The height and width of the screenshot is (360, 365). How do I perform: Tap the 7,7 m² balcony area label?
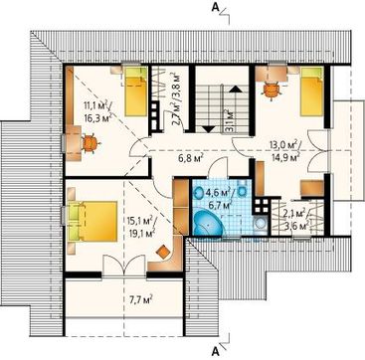click(x=139, y=300)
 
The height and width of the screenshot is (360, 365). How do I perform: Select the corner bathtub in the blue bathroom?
click(x=208, y=223)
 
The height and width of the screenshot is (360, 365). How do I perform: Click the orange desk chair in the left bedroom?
click(x=90, y=143)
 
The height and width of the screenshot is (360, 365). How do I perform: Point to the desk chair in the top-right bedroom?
click(x=272, y=89)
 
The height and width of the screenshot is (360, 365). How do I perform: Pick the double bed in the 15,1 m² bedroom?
click(x=92, y=221)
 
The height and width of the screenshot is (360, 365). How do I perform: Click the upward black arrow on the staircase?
click(x=236, y=89)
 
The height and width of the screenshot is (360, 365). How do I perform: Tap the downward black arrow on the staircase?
click(x=209, y=129)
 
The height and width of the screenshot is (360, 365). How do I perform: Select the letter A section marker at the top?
click(x=216, y=7)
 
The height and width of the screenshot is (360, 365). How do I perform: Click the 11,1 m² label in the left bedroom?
click(x=97, y=105)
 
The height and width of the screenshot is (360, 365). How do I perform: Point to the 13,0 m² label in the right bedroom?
click(x=284, y=145)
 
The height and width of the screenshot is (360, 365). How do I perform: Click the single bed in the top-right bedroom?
click(x=311, y=91)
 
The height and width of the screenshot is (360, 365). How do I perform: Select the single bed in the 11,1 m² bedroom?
click(x=136, y=91)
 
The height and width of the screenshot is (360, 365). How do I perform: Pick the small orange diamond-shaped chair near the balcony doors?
click(x=163, y=253)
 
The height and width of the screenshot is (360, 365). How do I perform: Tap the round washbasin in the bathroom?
click(x=200, y=193)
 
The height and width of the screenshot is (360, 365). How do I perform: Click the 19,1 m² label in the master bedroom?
click(x=141, y=233)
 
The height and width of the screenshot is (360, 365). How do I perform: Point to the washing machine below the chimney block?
click(x=260, y=225)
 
